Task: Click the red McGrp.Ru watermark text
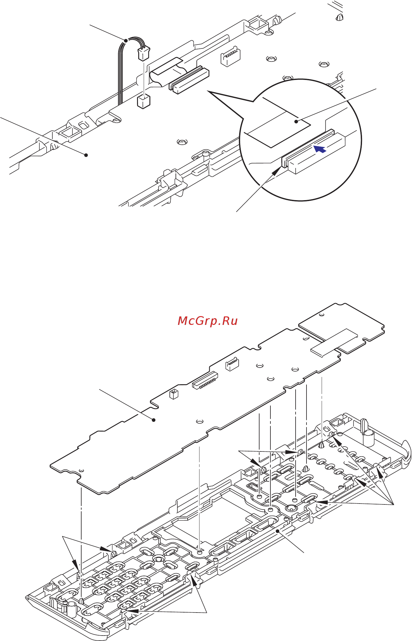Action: (x=207, y=321)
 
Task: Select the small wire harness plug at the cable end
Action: (x=144, y=54)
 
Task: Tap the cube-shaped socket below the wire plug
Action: (x=144, y=102)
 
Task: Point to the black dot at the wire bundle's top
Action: (x=126, y=40)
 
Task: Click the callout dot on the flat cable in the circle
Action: (x=296, y=122)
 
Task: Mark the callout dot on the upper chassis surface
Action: (x=86, y=155)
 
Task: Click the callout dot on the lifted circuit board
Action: (x=154, y=420)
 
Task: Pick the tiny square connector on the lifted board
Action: (x=174, y=394)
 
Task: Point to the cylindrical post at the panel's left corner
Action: (x=72, y=609)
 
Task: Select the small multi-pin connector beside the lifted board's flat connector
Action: (x=232, y=364)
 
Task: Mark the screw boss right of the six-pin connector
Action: (x=271, y=58)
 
